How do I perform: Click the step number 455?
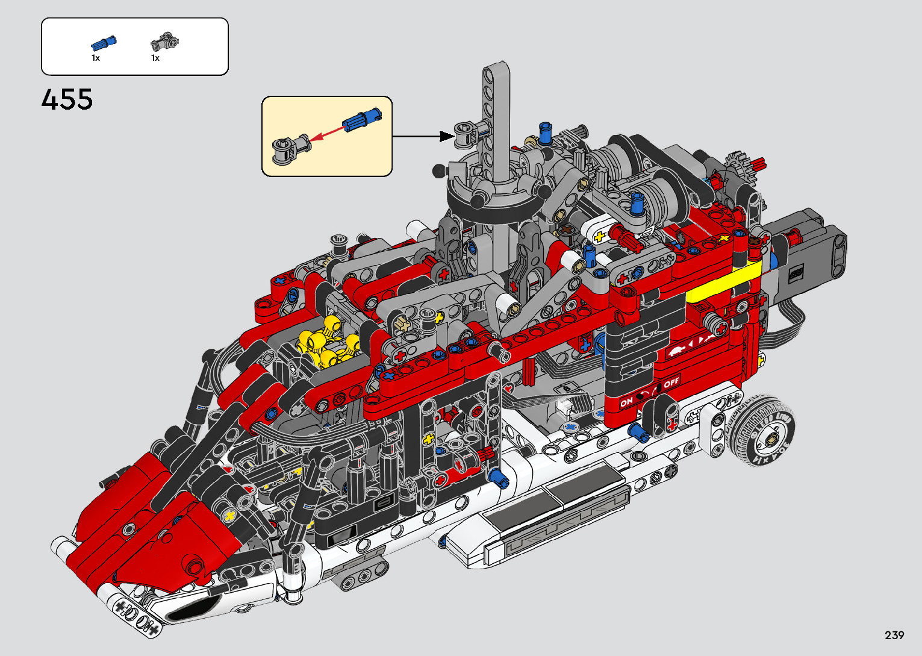pos(67,99)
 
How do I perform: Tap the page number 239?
pos(894,636)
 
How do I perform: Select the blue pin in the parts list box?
pos(104,42)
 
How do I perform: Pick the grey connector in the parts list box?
pos(164,42)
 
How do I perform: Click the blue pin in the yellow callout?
pos(362,119)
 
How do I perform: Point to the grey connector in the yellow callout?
pos(291,149)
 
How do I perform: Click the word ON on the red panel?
pos(626,402)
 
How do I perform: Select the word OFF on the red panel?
pos(671,382)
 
